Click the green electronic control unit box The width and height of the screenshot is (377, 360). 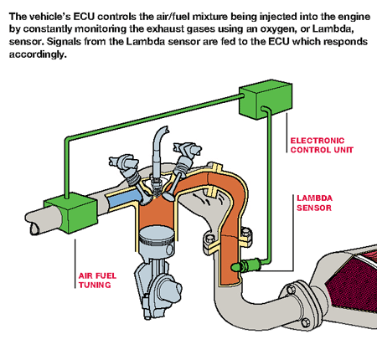coord(266,100)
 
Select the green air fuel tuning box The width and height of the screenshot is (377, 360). coord(70,213)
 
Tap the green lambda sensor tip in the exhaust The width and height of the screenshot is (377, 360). coord(236,267)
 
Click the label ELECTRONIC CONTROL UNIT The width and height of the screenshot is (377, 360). coord(322,145)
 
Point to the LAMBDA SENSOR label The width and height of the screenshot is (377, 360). coord(314,203)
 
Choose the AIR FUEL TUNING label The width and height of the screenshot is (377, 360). coord(97,280)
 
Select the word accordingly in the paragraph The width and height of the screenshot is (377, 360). coord(38,54)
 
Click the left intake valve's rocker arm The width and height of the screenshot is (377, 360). coord(124,162)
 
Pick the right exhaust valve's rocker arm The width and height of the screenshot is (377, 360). coord(187,150)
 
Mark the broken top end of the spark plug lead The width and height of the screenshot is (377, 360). coord(165,130)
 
